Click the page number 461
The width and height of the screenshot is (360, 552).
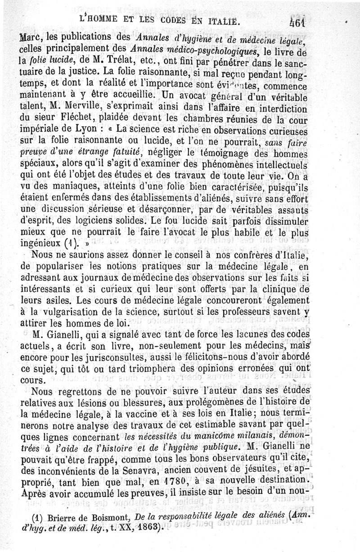[x=297, y=22]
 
